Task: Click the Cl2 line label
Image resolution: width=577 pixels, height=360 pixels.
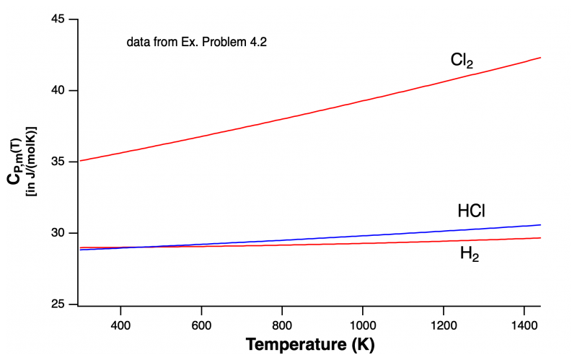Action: click(x=462, y=61)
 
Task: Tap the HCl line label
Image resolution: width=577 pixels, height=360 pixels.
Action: click(x=471, y=211)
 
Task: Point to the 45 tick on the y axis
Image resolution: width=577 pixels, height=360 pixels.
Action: click(x=58, y=19)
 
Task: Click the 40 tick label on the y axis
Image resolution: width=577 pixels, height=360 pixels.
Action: click(x=58, y=91)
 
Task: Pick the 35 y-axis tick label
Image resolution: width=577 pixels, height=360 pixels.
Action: click(x=58, y=162)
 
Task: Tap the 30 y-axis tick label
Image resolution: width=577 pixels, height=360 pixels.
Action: click(x=58, y=233)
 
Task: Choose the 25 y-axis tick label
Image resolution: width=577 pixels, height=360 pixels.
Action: click(x=58, y=304)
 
